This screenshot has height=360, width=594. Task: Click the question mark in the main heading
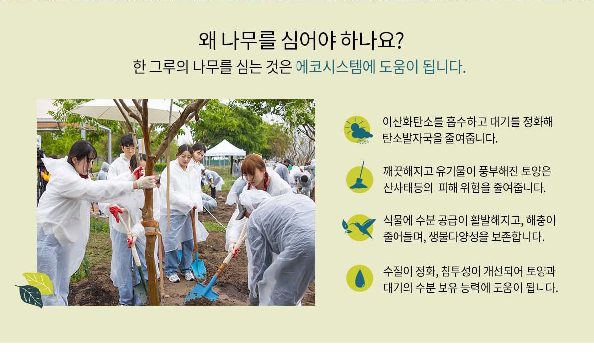coord(398,40)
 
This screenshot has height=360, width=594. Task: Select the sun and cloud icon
coord(358,130)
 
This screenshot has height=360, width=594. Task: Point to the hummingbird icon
coord(359,228)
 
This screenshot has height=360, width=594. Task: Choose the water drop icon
coord(360,278)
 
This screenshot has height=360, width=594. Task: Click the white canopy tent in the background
coord(225,150)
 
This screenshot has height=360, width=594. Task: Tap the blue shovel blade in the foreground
coord(202,291)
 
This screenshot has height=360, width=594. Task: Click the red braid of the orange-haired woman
coord(265,181)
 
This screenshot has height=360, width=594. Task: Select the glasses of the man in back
coord(129,149)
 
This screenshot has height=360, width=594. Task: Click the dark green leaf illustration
coord(30,296)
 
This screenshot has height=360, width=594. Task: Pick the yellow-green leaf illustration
coord(40,283)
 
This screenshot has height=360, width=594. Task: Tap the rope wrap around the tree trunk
coord(150,228)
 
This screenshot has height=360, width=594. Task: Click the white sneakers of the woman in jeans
coord(181,277)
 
